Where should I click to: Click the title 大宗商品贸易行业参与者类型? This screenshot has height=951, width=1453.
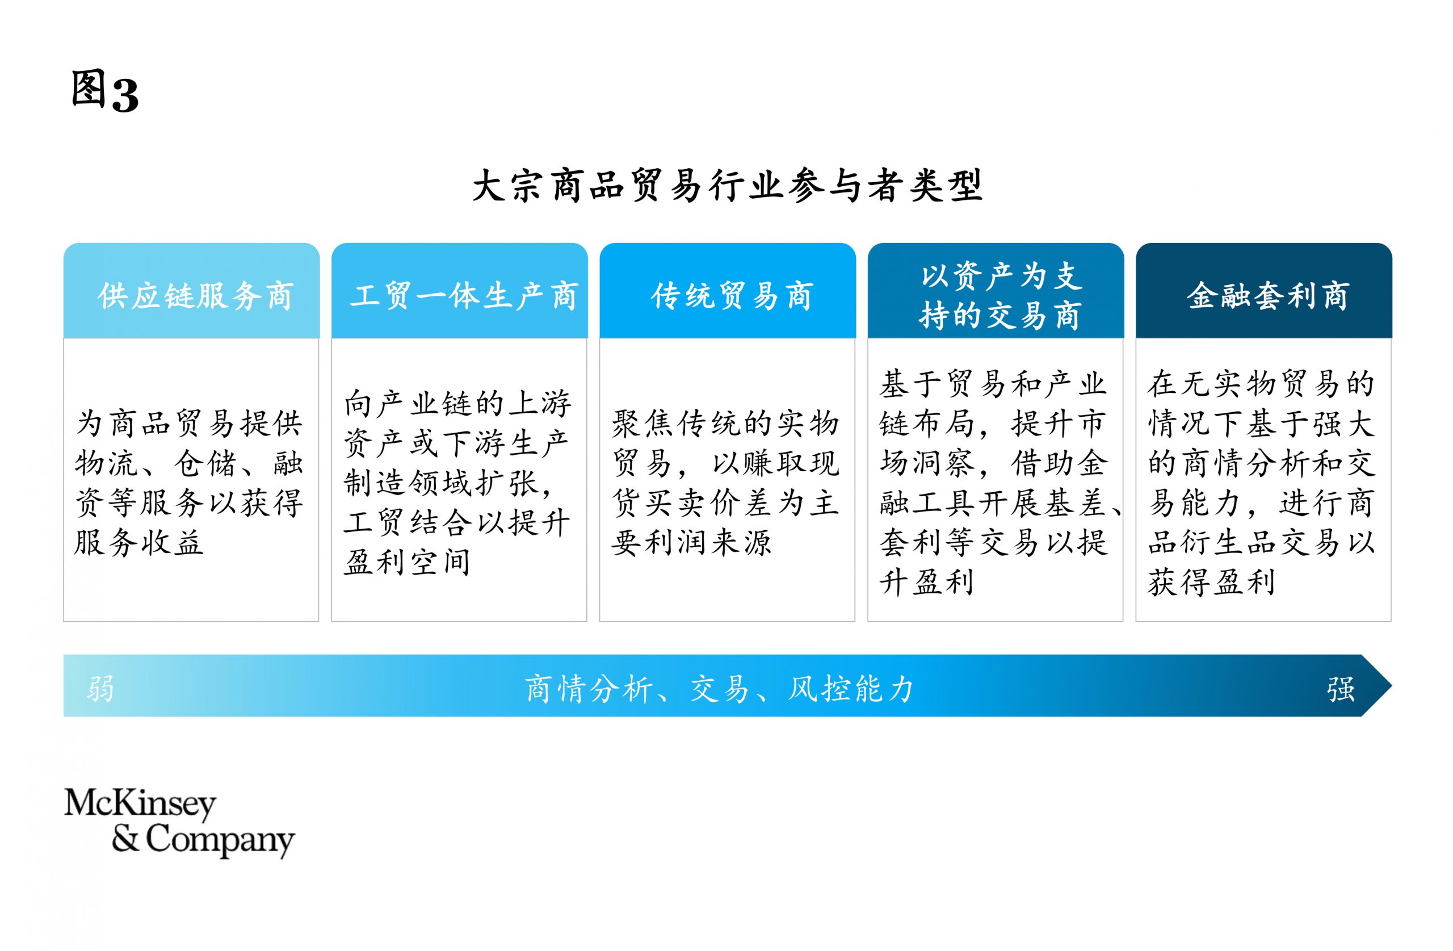pos(727,185)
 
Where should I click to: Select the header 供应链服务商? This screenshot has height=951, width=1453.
pos(195,296)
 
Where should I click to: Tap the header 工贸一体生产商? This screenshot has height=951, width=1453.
pos(463,296)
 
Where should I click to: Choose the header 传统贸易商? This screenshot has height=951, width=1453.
pos(732,296)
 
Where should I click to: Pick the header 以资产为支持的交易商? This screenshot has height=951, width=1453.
pos(1000,296)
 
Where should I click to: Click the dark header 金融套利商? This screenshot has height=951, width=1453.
pos(1267,296)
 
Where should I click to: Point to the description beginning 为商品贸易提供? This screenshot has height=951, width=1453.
pos(188,483)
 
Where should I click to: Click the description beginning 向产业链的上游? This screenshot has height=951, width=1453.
pos(457,483)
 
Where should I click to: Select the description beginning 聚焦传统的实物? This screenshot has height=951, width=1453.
pos(725,483)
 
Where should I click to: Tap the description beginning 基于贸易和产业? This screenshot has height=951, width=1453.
pos(1000,483)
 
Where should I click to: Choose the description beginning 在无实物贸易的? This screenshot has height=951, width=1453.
pos(1261,483)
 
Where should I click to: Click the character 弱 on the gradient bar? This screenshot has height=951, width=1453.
pos(100,689)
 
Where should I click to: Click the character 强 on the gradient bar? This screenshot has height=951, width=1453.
pos(1341,689)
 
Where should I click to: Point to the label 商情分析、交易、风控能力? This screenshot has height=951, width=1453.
pos(719,689)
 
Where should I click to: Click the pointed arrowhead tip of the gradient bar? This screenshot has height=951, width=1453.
pos(1391,685)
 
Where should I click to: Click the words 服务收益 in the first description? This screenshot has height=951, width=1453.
pos(138,543)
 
